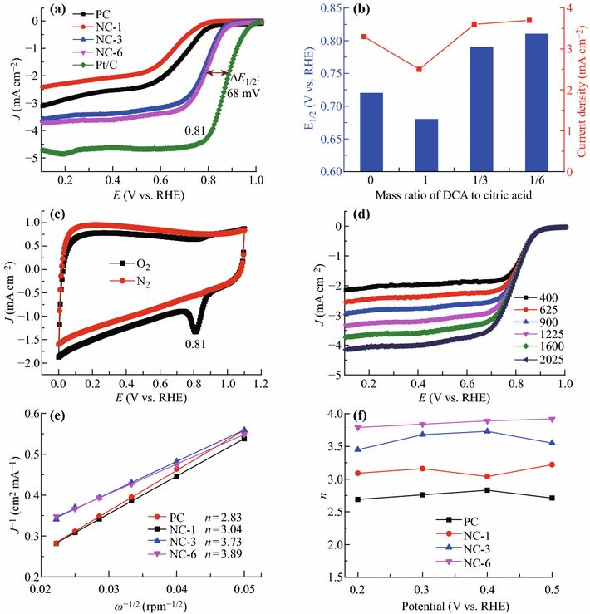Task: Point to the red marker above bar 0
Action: coord(364,37)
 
